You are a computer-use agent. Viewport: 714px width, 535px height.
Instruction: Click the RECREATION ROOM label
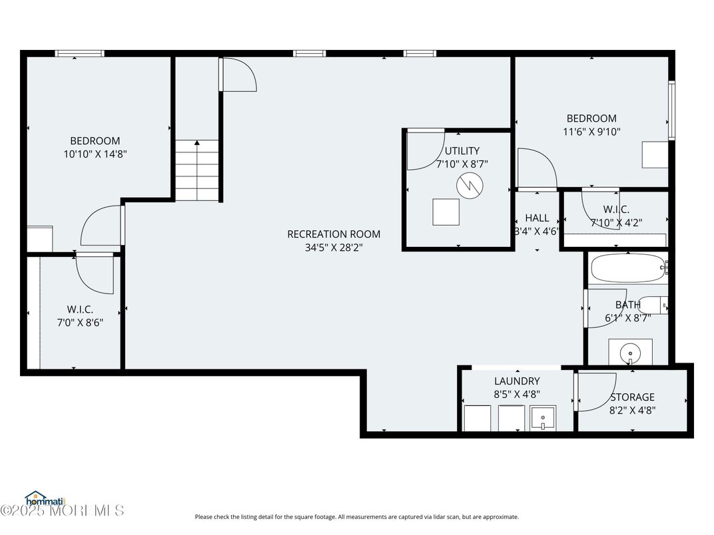(334, 234)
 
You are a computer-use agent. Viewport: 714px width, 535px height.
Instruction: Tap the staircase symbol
(197, 170)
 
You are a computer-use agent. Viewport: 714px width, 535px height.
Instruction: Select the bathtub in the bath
(627, 268)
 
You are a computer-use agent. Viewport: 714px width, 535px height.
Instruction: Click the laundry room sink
(543, 419)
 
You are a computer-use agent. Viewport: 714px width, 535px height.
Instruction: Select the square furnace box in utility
(446, 212)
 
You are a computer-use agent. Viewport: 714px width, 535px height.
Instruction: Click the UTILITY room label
(462, 151)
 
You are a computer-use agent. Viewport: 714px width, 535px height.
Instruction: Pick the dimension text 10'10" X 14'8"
(95, 154)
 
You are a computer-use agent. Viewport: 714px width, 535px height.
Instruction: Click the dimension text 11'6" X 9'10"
(591, 132)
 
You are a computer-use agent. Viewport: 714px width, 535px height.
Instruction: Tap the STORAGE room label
(632, 397)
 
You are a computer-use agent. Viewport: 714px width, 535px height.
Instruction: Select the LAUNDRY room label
(517, 381)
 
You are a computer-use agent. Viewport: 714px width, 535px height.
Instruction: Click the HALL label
(537, 218)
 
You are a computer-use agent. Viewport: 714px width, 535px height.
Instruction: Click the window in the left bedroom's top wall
(79, 53)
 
